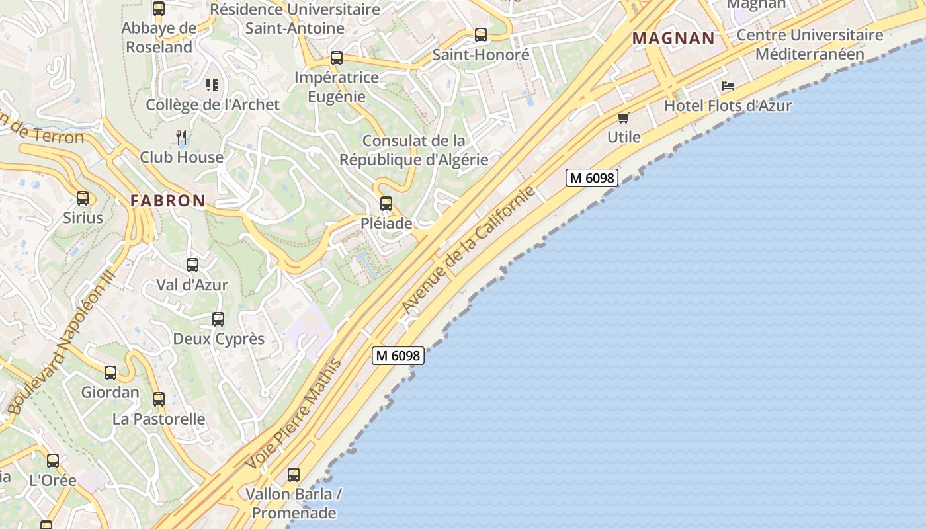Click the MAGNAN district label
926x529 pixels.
tap(673, 38)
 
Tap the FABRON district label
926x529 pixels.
tap(167, 201)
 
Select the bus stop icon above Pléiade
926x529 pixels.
tap(386, 204)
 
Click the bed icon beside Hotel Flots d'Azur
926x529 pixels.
tap(728, 86)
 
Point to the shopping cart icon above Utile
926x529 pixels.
tap(623, 118)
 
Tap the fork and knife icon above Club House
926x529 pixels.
tap(181, 137)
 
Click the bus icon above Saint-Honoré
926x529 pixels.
tap(481, 35)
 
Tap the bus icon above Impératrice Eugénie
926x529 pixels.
tap(337, 58)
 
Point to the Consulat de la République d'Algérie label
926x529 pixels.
tap(414, 150)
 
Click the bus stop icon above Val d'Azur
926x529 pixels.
tap(192, 265)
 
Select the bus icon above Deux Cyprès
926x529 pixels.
tap(218, 319)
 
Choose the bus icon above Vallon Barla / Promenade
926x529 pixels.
tap(294, 475)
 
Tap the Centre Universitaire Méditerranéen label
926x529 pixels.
tap(810, 44)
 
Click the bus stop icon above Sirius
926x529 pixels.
tap(83, 198)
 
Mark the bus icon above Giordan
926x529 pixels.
tap(110, 373)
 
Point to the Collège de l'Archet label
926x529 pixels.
tap(212, 104)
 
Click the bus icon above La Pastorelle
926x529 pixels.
tap(159, 399)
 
